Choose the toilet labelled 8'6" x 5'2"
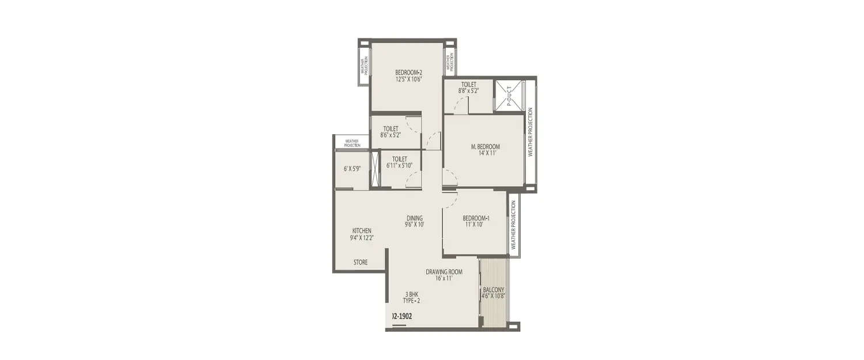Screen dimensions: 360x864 (x=391, y=132)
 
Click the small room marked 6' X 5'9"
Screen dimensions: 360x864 (x=352, y=169)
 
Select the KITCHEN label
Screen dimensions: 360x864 (x=362, y=230)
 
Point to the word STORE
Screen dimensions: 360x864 (x=361, y=263)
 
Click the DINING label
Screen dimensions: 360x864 (x=415, y=218)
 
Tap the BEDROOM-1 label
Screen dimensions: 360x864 (x=476, y=218)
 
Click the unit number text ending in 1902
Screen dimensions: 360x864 (x=402, y=316)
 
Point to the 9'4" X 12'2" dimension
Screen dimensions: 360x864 (x=362, y=237)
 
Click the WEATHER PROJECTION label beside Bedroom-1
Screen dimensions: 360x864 (x=513, y=225)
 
